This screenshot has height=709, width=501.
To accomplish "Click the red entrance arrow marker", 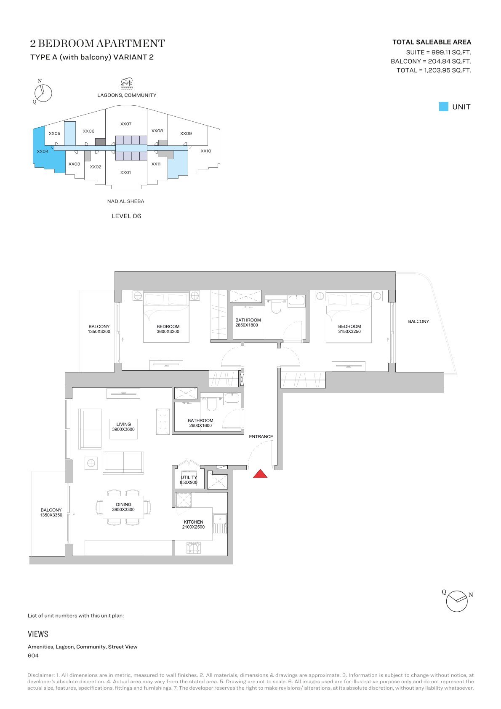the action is point(260,474).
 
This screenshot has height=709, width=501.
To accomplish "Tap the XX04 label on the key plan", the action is point(43,151).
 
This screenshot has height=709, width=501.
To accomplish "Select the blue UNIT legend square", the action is point(443,107).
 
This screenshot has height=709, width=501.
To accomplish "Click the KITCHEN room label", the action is point(194,522).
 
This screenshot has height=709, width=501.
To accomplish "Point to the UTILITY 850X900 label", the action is point(189,480).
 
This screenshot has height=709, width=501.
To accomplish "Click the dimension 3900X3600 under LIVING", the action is point(123,429).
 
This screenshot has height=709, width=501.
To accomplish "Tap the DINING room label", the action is point(123,505).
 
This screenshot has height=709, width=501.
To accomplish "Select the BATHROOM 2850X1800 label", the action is point(248,323).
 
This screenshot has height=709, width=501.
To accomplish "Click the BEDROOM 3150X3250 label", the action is point(349,329).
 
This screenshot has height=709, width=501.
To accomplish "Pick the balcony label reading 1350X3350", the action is point(51,515).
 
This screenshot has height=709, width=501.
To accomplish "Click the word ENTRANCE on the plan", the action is point(261,436).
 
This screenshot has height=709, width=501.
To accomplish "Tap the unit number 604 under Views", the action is point(33,655).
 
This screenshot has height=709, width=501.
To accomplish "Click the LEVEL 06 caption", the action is point(126,216).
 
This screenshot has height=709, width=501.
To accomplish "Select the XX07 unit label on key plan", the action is point(126,124).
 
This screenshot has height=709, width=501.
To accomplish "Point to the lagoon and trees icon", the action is point(127,83).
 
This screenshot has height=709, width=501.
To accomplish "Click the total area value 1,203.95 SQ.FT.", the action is point(448,70).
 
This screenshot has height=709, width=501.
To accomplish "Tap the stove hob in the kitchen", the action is point(193,548).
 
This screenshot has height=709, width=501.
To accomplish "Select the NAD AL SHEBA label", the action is point(125,201).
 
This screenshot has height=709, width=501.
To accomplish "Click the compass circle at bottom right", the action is point(457,602).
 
